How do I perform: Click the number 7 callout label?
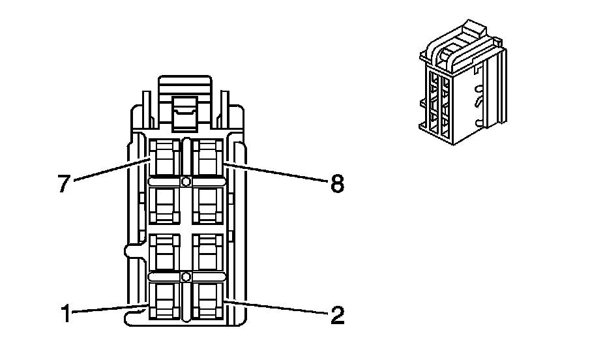63,184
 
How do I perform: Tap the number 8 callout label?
336,185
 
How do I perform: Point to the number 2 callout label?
336,316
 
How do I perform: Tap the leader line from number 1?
108,309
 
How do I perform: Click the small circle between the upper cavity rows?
186,181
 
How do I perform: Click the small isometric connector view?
462,85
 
